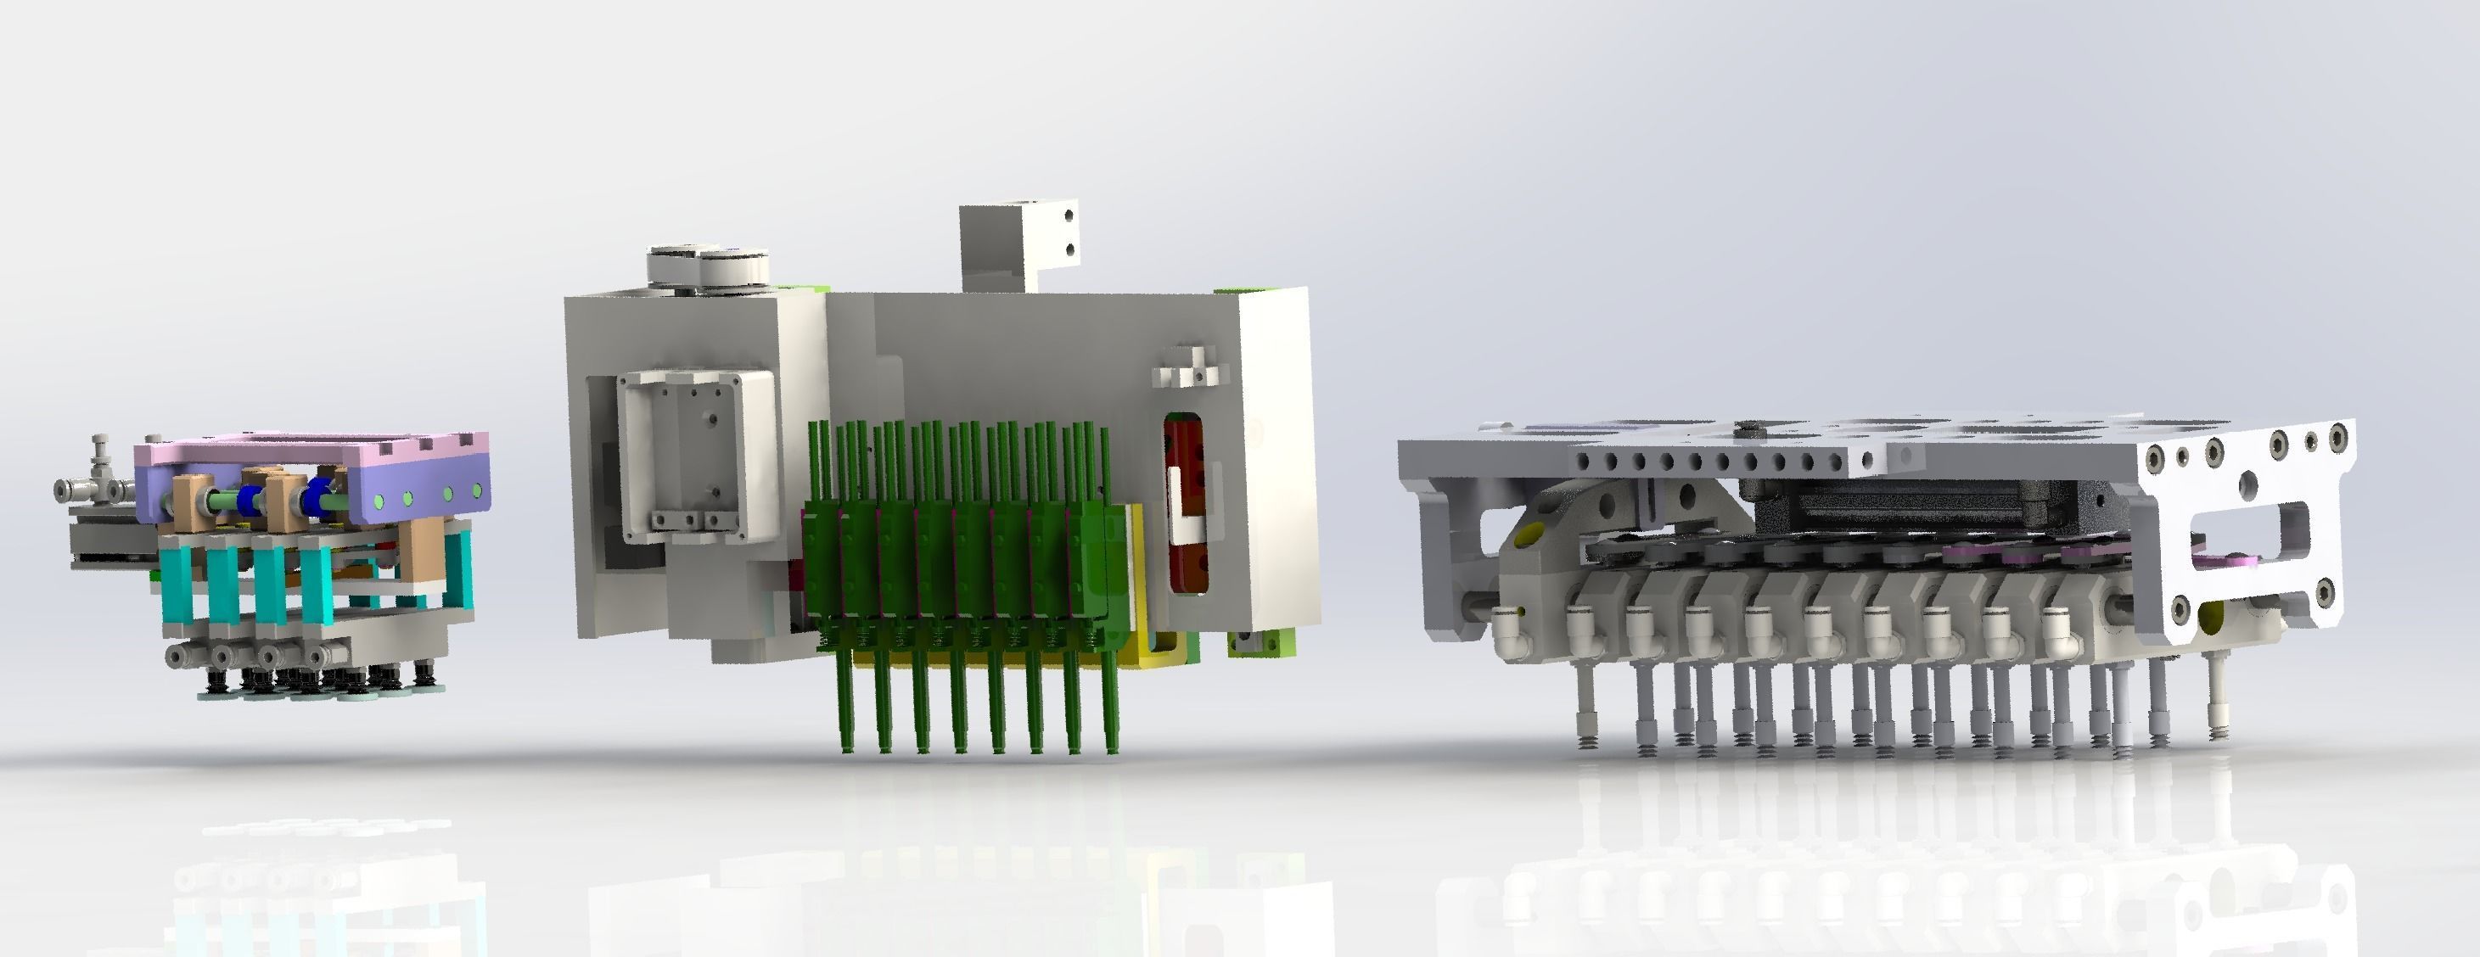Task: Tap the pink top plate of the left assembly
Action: coord(308,451)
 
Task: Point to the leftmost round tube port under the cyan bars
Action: coord(177,656)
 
